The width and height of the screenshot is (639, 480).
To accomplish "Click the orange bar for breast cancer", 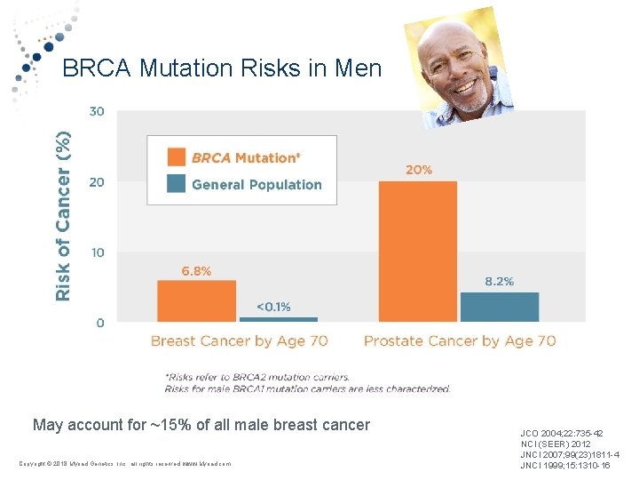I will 196,300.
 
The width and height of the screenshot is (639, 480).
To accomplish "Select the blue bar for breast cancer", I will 278,319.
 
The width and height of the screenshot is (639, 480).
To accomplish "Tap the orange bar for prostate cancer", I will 417,251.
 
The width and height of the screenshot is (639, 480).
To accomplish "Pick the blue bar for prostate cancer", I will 499,307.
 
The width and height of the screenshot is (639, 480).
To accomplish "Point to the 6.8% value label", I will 196,271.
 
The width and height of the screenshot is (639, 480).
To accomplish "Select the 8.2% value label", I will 499,281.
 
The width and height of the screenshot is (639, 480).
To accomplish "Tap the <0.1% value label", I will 273,307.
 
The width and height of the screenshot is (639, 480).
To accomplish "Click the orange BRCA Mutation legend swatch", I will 177,157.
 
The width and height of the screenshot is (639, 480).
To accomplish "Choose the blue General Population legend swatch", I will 177,184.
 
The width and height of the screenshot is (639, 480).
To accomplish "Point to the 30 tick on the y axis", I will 96,111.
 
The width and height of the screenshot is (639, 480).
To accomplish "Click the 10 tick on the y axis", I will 96,252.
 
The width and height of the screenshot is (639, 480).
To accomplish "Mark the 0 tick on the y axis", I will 99,323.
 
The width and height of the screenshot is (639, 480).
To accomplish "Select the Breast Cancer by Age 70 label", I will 239,340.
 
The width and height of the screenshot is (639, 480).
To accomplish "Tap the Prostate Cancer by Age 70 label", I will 460,340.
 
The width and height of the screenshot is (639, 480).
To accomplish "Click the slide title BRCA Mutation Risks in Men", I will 222,69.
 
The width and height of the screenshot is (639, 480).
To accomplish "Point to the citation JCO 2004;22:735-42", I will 562,433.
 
